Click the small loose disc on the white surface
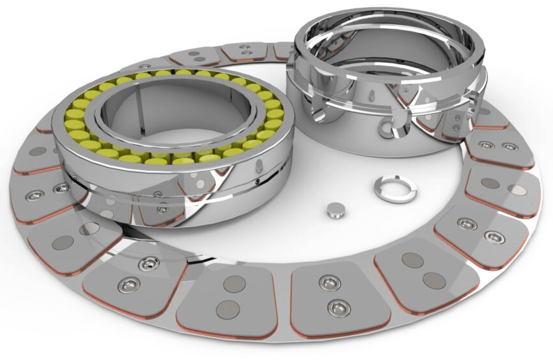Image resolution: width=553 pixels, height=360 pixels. (336, 209)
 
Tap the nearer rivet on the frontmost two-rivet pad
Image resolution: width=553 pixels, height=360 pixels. (338, 308)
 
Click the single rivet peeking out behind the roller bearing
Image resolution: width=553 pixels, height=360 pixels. (146, 66)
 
